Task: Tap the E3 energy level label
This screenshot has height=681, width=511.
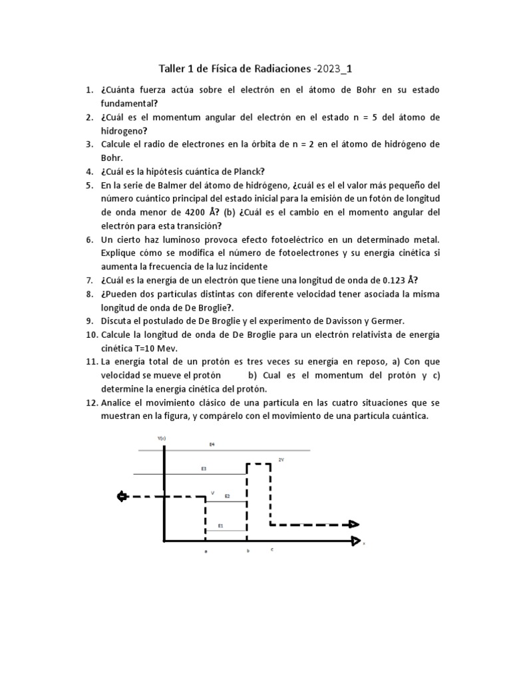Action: (x=204, y=469)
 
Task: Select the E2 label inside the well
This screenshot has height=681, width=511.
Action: (x=227, y=496)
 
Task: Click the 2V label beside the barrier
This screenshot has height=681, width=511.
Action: (x=281, y=460)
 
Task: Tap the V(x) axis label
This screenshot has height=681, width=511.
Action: (x=162, y=438)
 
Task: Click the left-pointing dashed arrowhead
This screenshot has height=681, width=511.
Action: (x=121, y=496)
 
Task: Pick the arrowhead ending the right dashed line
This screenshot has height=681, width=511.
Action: (x=353, y=525)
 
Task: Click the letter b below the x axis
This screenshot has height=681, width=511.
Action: (x=248, y=551)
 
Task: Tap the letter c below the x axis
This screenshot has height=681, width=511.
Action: (x=271, y=549)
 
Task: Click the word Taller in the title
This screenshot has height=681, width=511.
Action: (x=171, y=68)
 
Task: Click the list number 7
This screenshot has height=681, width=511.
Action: (x=90, y=279)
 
